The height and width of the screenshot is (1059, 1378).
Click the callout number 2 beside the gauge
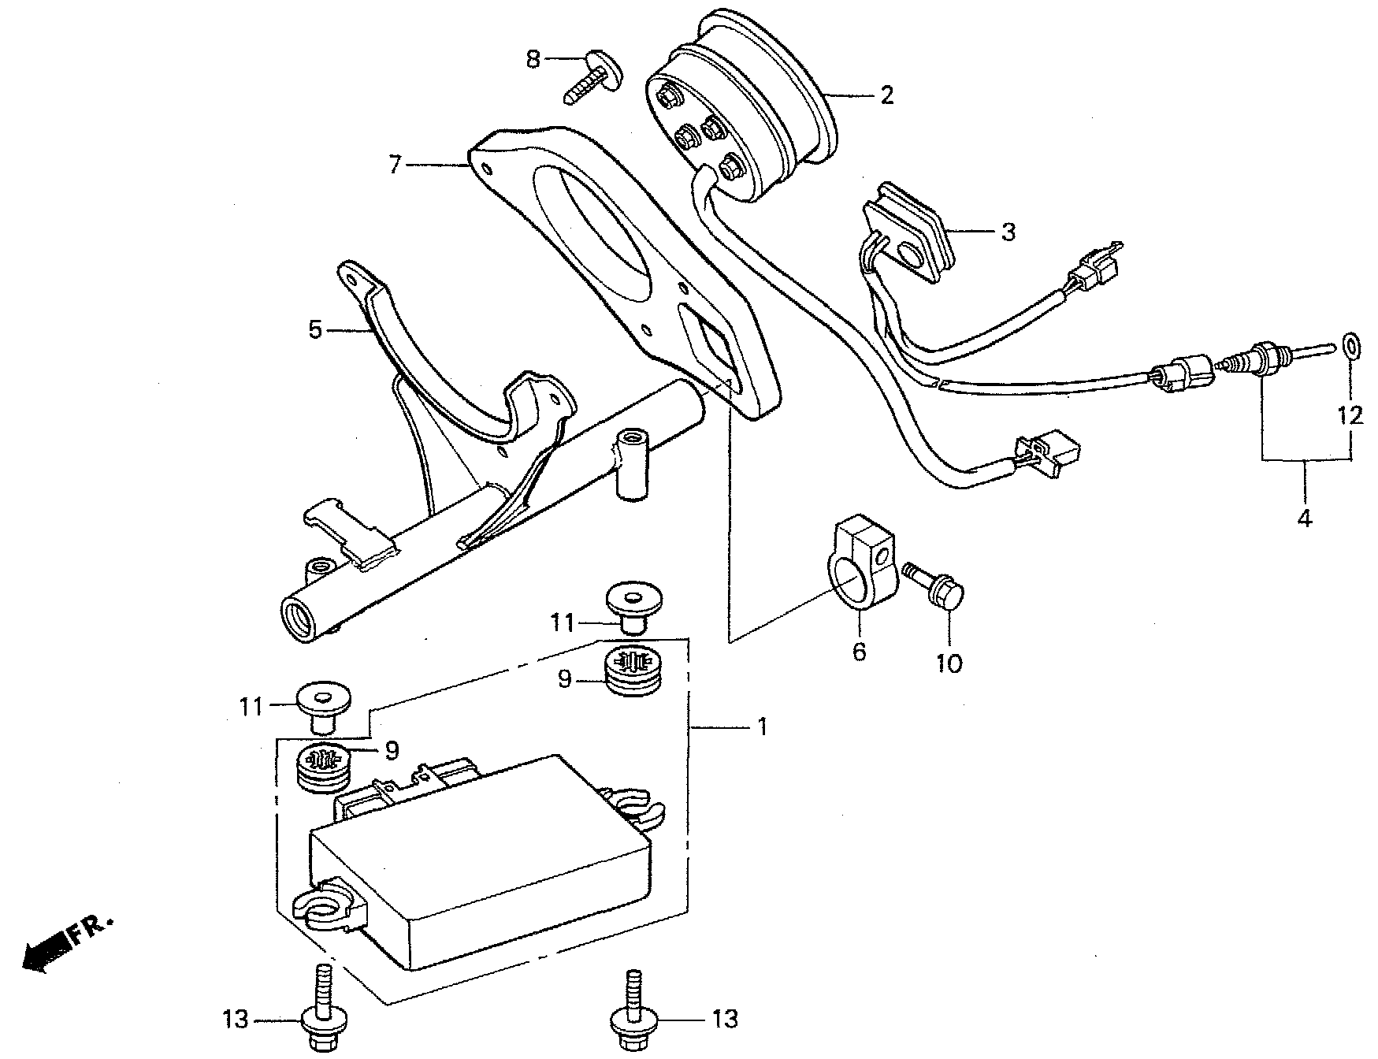[x=887, y=96]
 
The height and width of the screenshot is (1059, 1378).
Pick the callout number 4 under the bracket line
[x=1304, y=518]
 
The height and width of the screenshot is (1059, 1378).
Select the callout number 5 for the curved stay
[x=315, y=330]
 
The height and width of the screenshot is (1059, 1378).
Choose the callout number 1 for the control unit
[x=762, y=726]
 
